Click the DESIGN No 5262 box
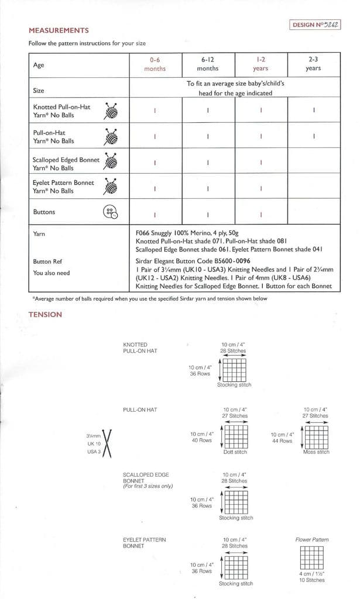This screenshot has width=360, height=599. [315, 25]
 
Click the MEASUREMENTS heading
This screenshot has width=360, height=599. [59, 30]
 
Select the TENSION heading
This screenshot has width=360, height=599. [45, 315]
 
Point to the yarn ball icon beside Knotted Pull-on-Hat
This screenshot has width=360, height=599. [111, 111]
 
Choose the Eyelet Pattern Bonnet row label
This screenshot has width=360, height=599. [63, 187]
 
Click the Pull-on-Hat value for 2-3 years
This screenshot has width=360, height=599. [314, 137]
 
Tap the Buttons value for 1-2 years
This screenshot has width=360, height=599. [260, 214]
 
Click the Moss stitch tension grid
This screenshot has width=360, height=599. [316, 437]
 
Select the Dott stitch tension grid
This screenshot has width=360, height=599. [235, 437]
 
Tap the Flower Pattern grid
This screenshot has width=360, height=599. [312, 558]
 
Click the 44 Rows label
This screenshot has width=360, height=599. [282, 438]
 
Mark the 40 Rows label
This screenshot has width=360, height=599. [201, 437]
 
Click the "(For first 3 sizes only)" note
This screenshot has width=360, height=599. [148, 487]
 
